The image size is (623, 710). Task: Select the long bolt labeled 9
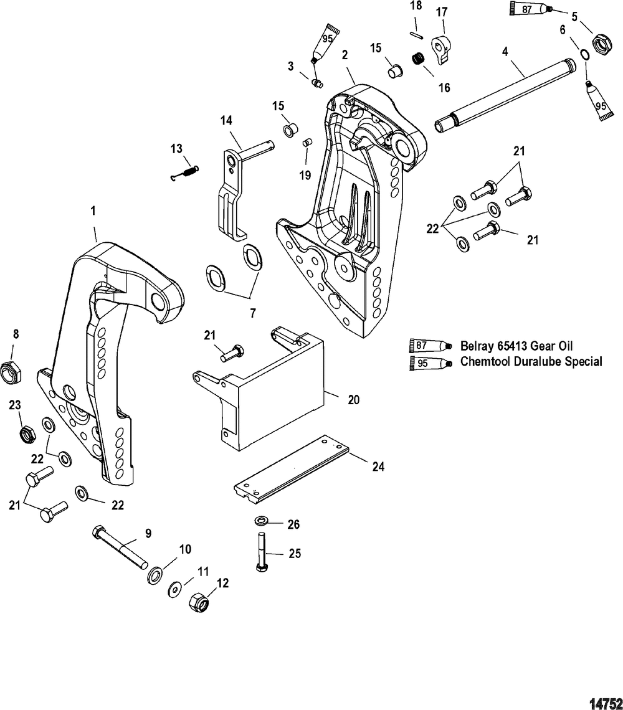coord(120,547)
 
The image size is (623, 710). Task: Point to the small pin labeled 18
coord(416,34)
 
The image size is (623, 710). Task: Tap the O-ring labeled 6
coord(585,54)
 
